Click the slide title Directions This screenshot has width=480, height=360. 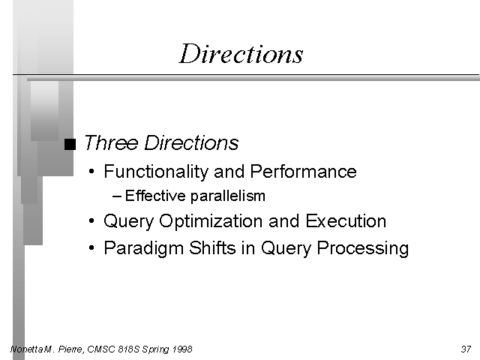coord(241,54)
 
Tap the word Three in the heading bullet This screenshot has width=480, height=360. coord(111,142)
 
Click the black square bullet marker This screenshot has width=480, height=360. coord(70,145)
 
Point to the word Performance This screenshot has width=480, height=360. coord(303,171)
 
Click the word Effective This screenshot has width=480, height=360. coord(155,196)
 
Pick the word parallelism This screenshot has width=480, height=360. coord(228,196)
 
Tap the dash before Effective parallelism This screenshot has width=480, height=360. coord(118,196)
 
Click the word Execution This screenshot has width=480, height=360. coord(346,220)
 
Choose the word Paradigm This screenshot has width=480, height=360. coord(143,248)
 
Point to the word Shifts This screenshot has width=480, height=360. coord(212,247)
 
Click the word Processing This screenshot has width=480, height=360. coord(363,248)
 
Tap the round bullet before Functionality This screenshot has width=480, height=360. coord(91,171)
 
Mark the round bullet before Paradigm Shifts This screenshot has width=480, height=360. coord(91,247)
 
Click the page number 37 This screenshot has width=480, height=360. coord(466,349)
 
